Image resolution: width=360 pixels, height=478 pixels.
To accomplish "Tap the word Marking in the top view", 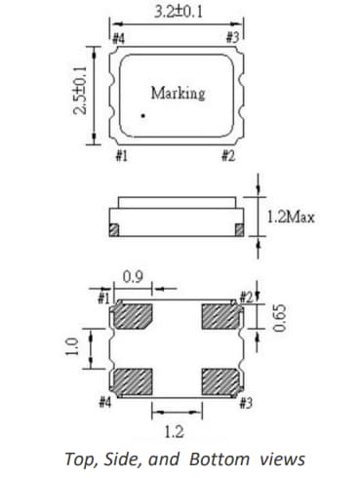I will tap(178, 94).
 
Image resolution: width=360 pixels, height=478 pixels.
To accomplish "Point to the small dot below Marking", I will tap(142, 116).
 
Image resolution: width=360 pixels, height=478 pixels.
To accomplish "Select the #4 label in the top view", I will tap(118, 39).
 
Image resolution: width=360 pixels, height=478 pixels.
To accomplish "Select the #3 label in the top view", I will tap(232, 39).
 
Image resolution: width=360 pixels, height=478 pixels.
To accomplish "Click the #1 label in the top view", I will tap(118, 155).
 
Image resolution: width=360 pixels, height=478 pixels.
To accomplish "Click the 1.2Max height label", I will tap(291, 217).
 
